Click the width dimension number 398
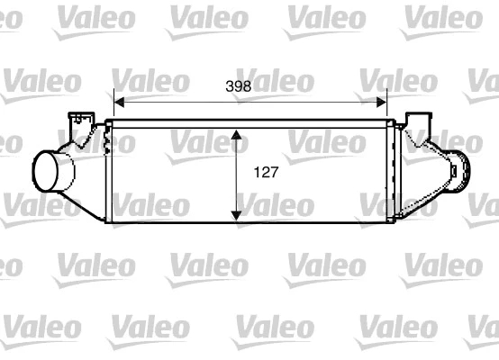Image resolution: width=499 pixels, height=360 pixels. (237, 86)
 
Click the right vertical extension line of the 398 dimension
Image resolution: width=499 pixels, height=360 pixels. (388, 103)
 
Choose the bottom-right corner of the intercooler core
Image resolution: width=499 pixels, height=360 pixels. (394, 221)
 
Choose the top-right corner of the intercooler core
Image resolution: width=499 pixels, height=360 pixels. (394, 122)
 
